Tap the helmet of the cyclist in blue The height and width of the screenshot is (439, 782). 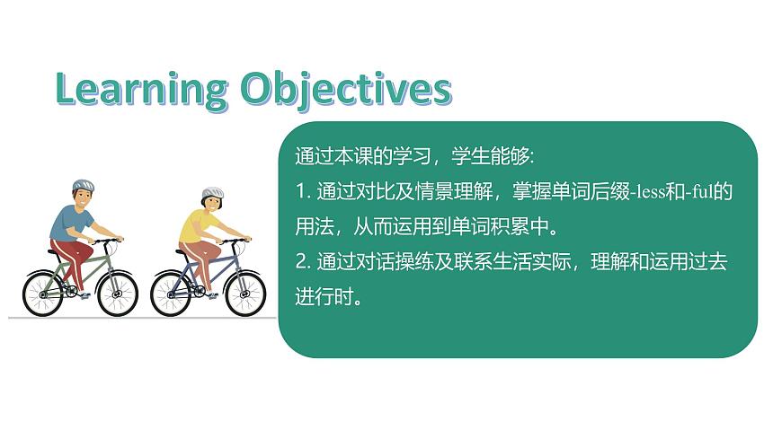click(83, 187)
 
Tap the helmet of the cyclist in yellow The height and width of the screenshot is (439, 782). click(212, 193)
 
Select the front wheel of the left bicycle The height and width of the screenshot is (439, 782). click(117, 294)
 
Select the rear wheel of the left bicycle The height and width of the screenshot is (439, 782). click(43, 294)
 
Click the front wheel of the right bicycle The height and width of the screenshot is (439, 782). click(245, 294)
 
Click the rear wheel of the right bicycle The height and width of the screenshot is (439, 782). click(172, 294)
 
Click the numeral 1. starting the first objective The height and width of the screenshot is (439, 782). click(302, 191)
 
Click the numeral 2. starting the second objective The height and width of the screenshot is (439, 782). click(303, 262)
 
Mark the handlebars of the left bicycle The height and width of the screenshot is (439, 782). click(108, 240)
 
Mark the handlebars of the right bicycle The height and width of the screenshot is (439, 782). click(235, 240)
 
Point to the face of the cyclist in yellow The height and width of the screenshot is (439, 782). click(216, 206)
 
